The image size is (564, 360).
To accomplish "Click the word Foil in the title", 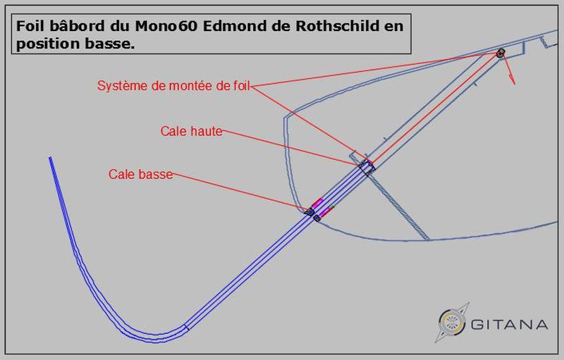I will pos(29,26).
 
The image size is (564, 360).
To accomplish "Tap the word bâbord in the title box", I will pos(73,26).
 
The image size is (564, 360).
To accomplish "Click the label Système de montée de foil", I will pos(173,86).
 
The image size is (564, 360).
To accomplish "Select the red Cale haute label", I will pos(191,131).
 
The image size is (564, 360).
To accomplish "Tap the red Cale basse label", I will pos(140,174).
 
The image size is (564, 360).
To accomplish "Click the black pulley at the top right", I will pos(501,54).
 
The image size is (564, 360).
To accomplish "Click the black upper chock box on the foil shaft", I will pos(367,166).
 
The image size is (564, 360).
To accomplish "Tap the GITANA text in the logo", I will pos(508,325).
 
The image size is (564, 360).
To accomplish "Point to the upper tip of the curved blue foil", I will pos(50,159).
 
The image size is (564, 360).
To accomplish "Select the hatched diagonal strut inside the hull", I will pos(399,205).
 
